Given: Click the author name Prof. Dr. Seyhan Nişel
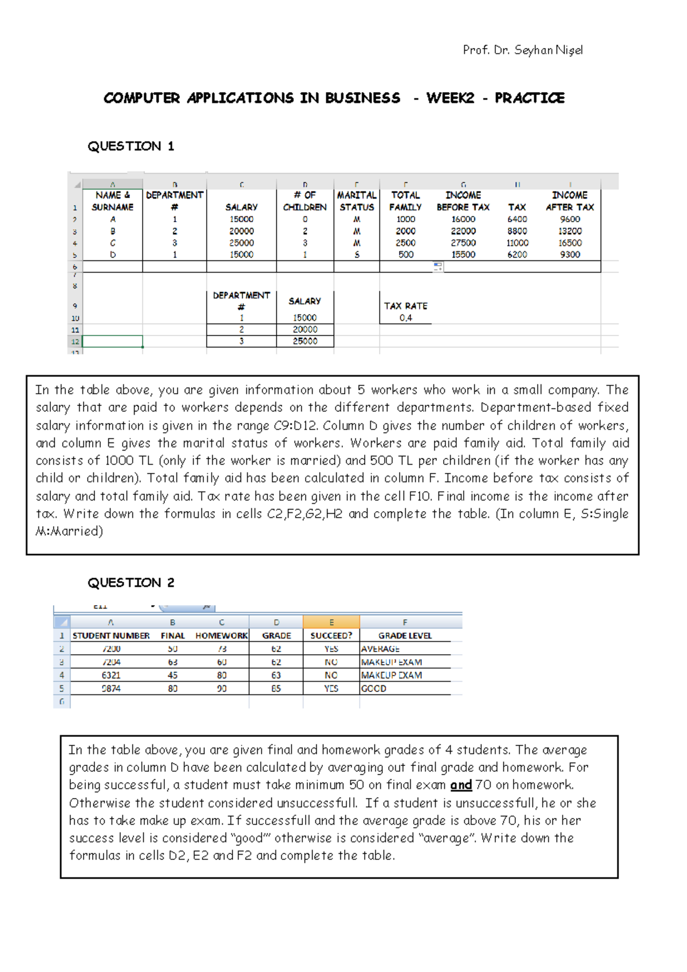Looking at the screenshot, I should pyautogui.click(x=523, y=50).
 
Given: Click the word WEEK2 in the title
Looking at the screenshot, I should pyautogui.click(x=450, y=98).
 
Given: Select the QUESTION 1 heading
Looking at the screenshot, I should pyautogui.click(x=131, y=147).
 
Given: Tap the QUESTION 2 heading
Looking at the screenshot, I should pyautogui.click(x=131, y=583).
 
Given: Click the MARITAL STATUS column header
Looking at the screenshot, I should pyautogui.click(x=357, y=201).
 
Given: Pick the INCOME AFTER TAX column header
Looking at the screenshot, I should pyautogui.click(x=570, y=201).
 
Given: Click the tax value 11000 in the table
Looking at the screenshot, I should pyautogui.click(x=517, y=243).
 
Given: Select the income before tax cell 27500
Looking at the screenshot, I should pyautogui.click(x=463, y=243).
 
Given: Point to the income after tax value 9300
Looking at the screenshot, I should pyautogui.click(x=570, y=255).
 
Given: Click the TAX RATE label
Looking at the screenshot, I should pyautogui.click(x=405, y=306).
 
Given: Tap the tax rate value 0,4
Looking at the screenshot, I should pyautogui.click(x=405, y=318).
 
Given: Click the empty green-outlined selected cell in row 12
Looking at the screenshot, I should pyautogui.click(x=113, y=341).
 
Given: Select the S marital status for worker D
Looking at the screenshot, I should pyautogui.click(x=357, y=255).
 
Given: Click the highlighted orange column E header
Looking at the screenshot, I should pyautogui.click(x=331, y=622).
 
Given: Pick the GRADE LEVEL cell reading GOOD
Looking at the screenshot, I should pyautogui.click(x=374, y=689).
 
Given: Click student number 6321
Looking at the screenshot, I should pyautogui.click(x=111, y=675).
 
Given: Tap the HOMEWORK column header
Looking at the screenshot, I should pyautogui.click(x=222, y=635).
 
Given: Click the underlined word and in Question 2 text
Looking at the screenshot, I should pyautogui.click(x=461, y=785).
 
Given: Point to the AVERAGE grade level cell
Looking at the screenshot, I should pyautogui.click(x=380, y=649).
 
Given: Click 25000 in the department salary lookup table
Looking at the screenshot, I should pyautogui.click(x=305, y=341).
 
